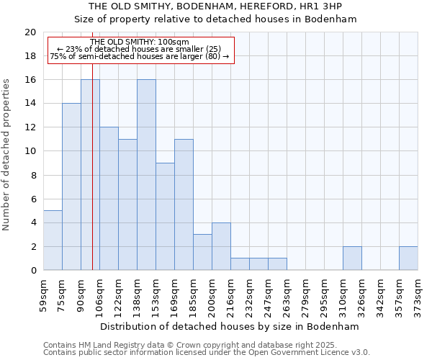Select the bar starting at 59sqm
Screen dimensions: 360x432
53,240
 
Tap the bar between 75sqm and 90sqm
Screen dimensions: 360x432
71,186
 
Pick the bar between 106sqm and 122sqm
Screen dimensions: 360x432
109,199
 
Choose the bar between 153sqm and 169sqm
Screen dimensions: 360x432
165,216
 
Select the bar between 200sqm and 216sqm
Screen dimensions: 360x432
221,246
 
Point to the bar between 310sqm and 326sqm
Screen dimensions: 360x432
352,258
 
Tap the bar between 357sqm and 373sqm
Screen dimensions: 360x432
408,258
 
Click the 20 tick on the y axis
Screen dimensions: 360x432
30,32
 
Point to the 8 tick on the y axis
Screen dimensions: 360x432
33,175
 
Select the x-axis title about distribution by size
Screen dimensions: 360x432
230,326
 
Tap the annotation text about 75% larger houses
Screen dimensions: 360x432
140,56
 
